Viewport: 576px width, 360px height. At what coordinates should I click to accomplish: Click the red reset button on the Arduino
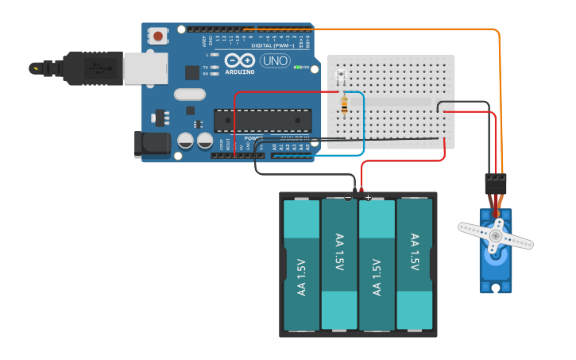[159, 36]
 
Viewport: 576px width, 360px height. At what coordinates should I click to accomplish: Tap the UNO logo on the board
[275, 60]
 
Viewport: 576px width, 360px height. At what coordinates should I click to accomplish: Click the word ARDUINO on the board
[240, 72]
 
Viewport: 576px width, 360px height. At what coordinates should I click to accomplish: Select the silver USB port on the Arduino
[145, 68]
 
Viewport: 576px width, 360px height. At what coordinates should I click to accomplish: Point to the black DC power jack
[152, 143]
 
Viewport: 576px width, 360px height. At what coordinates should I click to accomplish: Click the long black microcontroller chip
[261, 120]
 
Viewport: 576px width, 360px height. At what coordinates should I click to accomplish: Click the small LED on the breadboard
[342, 76]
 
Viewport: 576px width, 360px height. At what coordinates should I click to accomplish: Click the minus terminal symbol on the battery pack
[348, 197]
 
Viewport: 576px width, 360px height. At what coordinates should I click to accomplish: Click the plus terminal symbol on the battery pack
[368, 197]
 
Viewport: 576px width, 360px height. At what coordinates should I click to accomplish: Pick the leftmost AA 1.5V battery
[301, 265]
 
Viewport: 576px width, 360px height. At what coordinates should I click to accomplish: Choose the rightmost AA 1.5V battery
[414, 265]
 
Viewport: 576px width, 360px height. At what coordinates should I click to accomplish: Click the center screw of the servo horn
[496, 236]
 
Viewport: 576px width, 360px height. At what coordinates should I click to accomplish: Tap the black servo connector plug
[495, 184]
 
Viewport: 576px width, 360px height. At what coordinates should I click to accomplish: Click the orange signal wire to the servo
[501, 95]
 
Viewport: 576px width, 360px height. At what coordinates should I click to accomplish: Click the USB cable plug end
[92, 68]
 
